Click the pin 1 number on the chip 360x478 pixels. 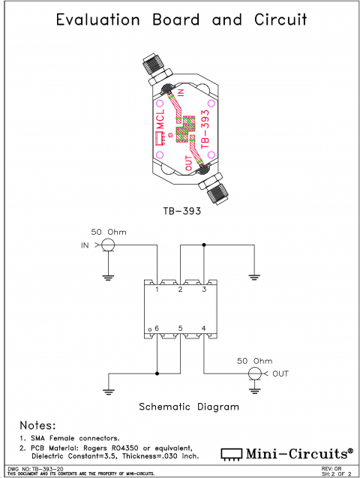tap(157, 290)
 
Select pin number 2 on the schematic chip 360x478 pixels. tap(180, 290)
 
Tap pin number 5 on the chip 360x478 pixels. tap(180, 329)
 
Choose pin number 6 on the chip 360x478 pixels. tap(157, 329)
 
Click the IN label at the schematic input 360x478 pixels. tap(85, 245)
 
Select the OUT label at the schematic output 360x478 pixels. tap(280, 373)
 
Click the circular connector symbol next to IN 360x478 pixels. tap(108, 245)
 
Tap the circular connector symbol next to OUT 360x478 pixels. tap(256, 373)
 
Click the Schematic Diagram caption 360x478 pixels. tap(190, 407)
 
